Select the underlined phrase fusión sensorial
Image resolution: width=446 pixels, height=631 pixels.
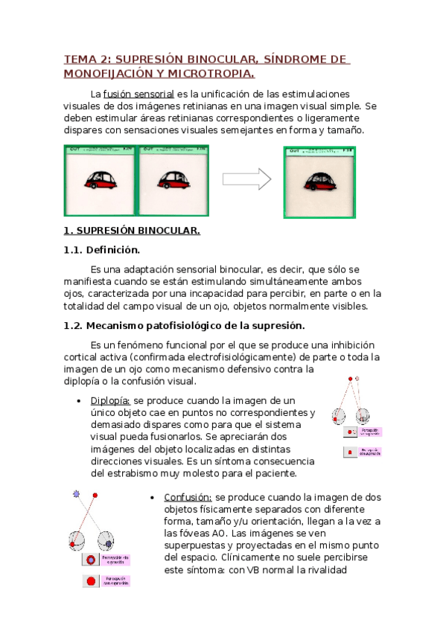coord(138,95)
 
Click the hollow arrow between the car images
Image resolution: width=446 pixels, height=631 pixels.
coord(246,179)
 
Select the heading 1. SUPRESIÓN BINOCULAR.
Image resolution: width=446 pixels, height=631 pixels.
coord(132,231)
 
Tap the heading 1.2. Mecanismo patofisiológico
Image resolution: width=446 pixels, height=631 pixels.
coord(185,325)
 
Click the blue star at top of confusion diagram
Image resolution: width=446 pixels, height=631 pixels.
coord(75,494)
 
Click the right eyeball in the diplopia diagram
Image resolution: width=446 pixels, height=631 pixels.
coord(363,415)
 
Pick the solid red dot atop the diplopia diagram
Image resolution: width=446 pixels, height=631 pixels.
coord(347,379)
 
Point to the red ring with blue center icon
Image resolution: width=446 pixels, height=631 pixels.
coord(91,559)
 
